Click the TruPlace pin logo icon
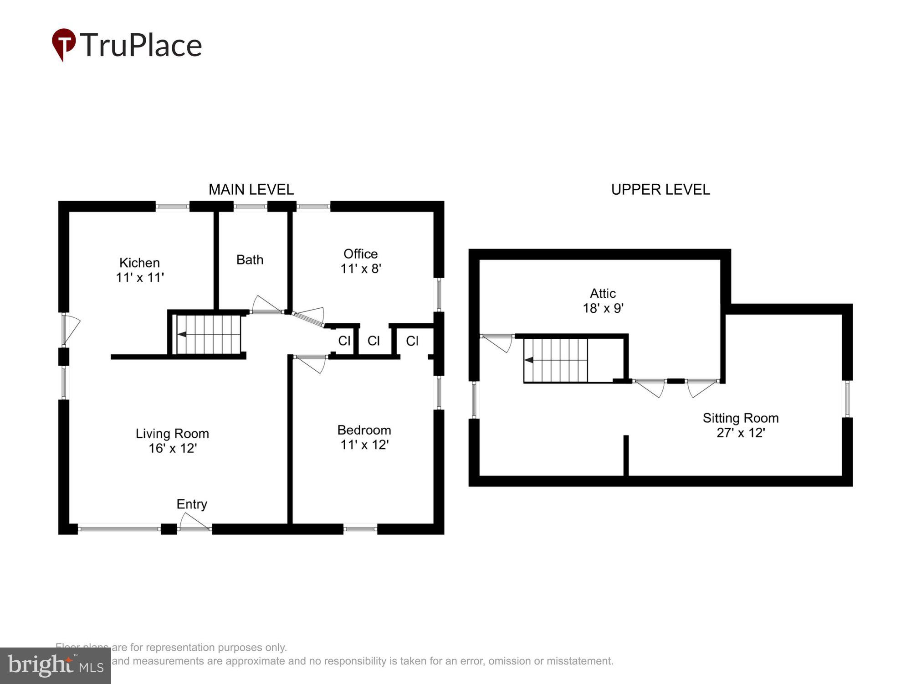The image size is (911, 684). coord(64,44)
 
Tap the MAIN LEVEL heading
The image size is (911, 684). coord(251,189)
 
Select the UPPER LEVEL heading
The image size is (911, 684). coord(660,189)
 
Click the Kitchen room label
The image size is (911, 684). coord(139,263)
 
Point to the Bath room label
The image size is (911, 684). coord(250,259)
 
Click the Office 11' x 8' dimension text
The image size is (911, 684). coord(360,269)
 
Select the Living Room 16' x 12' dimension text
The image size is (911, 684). coord(172,448)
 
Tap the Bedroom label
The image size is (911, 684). coord(364,430)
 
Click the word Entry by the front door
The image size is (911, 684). coord(192,504)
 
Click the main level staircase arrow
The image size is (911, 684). coord(182,334)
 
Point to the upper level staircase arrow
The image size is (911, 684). coord(529,360)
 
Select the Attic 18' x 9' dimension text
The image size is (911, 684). coord(603,308)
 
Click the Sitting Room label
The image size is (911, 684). coord(740,418)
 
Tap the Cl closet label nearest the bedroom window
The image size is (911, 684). coord(412,341)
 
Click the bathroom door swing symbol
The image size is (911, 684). coord(265,305)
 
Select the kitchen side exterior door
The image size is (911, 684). coord(70,328)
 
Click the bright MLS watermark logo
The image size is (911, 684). coord(55,666)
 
